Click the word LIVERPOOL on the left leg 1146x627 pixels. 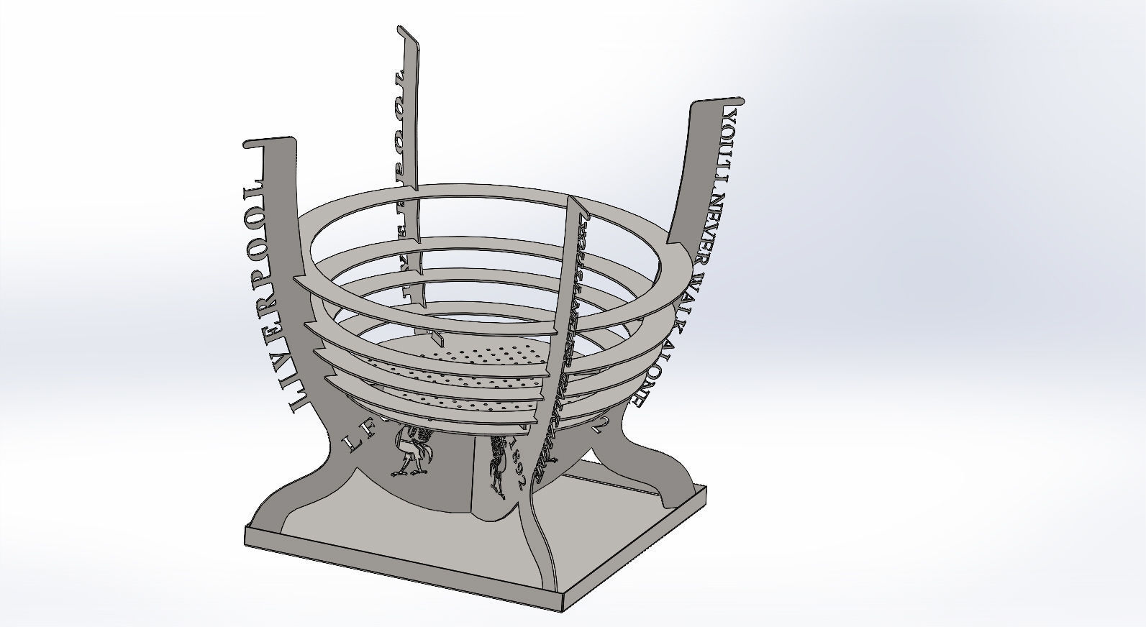pos(268,295)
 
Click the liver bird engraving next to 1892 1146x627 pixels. pos(497,464)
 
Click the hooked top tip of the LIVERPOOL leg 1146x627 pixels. pos(252,142)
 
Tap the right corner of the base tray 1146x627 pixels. pos(706,489)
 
